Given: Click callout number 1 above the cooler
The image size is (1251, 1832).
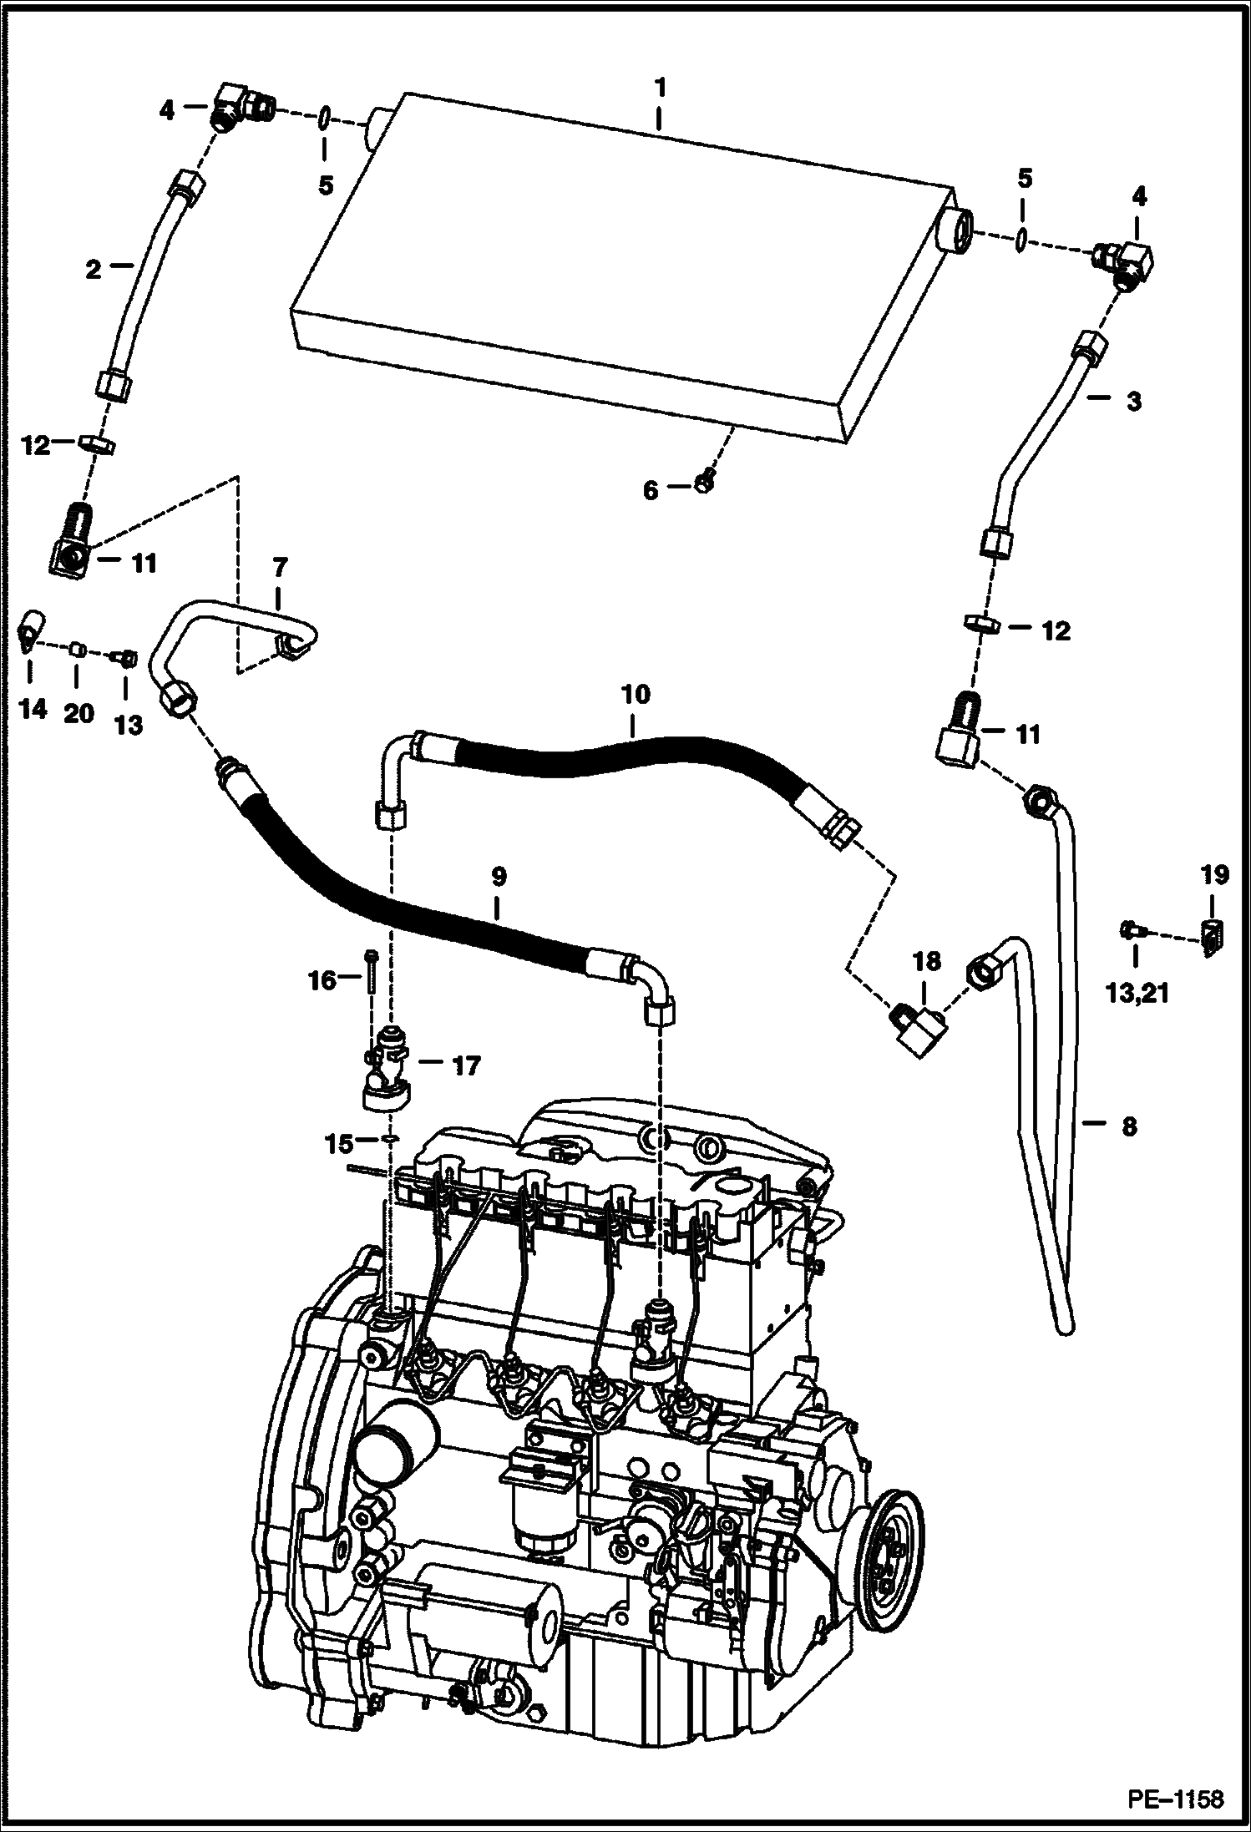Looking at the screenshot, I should point(660,87).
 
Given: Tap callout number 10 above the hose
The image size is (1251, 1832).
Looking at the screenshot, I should point(634,695).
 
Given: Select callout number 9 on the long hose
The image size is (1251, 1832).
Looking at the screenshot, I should point(498,878).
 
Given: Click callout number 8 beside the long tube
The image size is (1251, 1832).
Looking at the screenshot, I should point(1129,1126).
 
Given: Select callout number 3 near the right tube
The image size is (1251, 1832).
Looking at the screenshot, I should point(1132,402).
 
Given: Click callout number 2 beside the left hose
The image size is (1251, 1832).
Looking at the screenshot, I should point(93,269).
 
